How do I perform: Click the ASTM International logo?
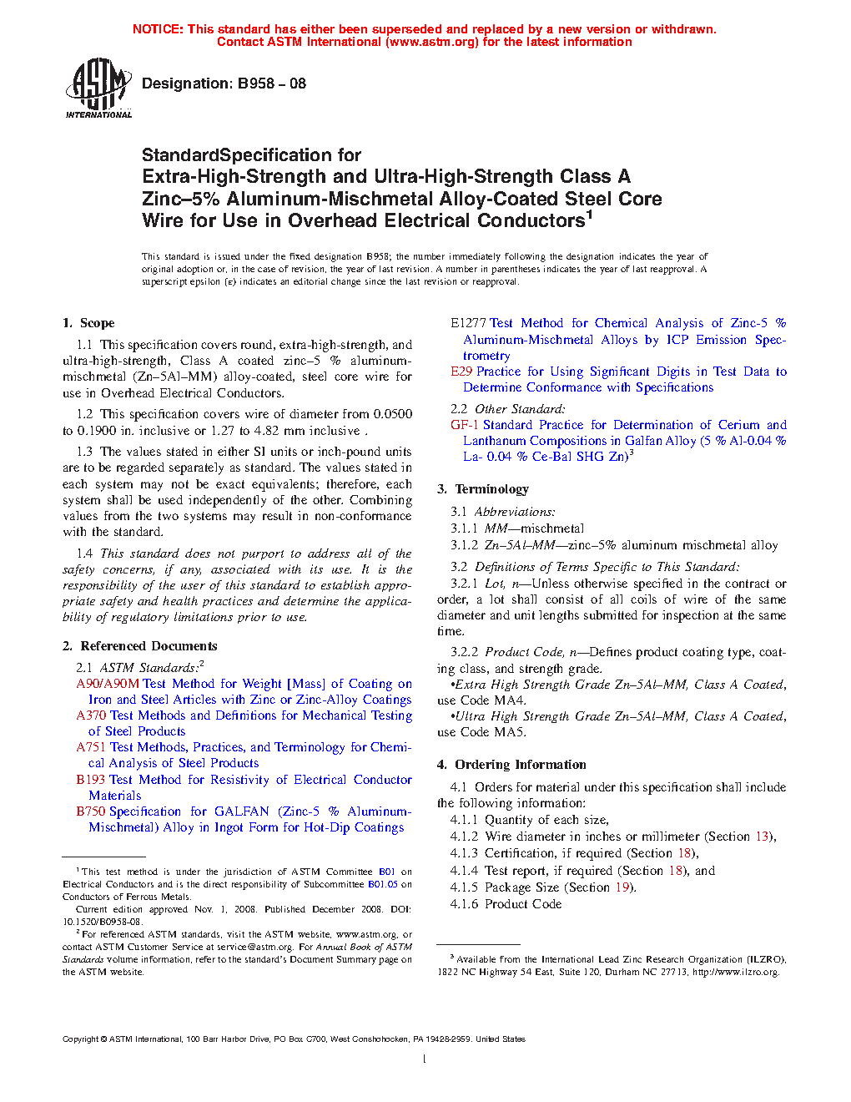pos(98,88)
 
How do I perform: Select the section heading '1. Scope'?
pos(88,323)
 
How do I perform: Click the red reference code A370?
pos(91,715)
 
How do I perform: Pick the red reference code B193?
pos(91,780)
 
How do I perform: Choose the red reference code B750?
pos(91,811)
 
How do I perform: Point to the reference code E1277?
pos(468,323)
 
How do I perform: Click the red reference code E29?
pos(461,372)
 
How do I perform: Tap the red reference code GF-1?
pos(465,425)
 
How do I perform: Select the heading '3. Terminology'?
pos(483,489)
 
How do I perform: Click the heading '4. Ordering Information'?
pos(511,765)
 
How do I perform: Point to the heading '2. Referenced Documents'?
pos(139,646)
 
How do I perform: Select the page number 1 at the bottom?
pos(425,1059)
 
